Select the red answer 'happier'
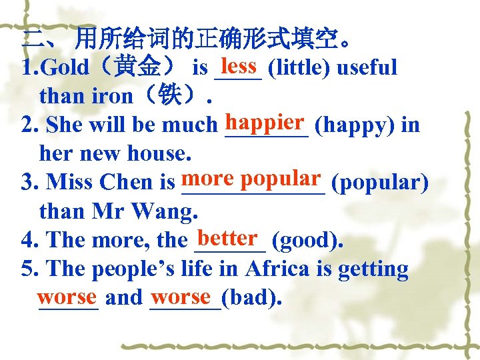(x=265, y=122)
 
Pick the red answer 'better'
(x=228, y=237)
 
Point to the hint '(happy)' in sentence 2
(x=345, y=125)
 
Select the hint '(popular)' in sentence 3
(x=379, y=182)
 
